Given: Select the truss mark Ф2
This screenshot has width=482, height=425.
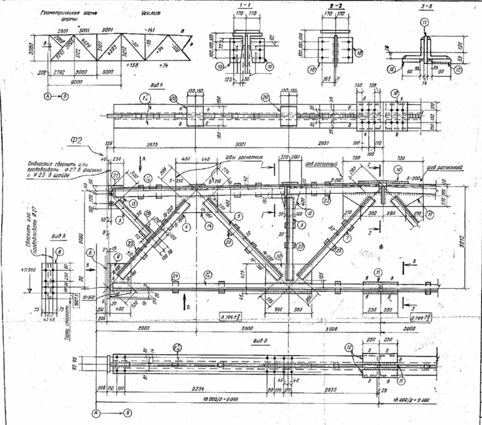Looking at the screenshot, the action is (76, 141).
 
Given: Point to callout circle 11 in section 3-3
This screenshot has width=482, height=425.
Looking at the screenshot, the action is (424, 22).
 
